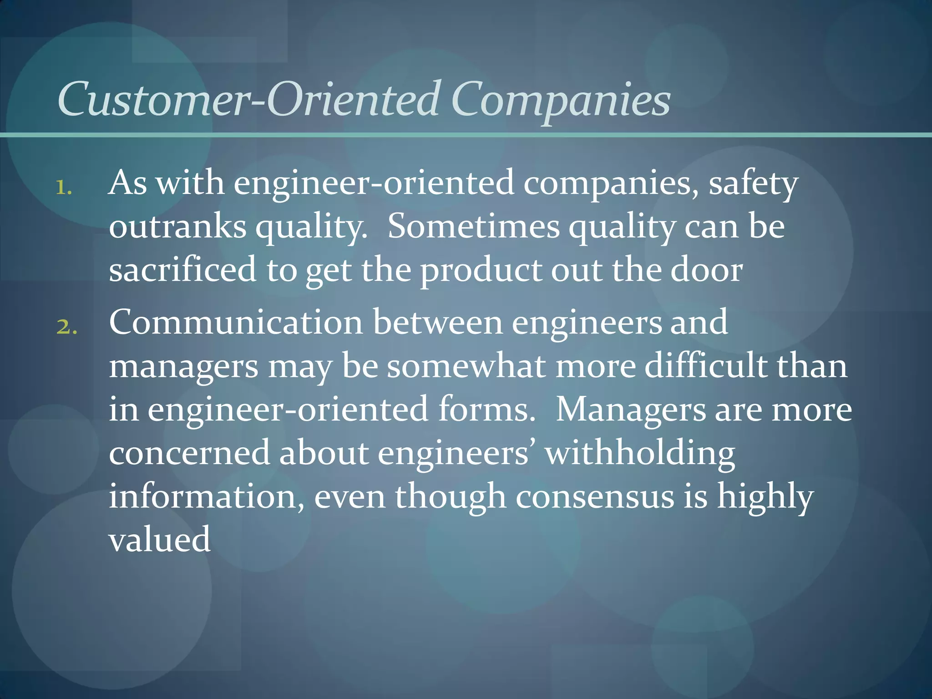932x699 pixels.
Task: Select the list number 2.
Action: click(x=66, y=327)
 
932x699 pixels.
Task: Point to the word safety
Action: click(x=753, y=184)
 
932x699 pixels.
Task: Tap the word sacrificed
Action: click(x=182, y=269)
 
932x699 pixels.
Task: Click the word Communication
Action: click(x=236, y=322)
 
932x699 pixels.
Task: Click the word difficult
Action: click(x=706, y=366)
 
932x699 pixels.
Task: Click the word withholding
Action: click(x=640, y=454)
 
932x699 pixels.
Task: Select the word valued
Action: click(x=160, y=539)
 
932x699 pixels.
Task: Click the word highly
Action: click(x=765, y=497)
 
